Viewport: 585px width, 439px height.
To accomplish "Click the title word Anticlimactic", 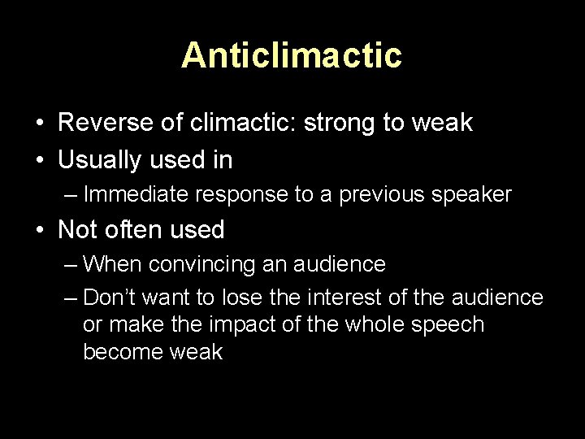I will coord(292,55).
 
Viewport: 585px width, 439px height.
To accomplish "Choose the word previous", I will coord(390,195).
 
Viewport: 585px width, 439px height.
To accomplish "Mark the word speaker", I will coord(475,195).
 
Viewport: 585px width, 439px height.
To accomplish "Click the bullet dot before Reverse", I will coord(39,124).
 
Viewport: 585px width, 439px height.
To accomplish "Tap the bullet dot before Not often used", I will coord(39,231).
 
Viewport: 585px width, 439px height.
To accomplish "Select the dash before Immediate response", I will coord(71,195).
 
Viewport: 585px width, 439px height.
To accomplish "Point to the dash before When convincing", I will coord(71,264).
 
